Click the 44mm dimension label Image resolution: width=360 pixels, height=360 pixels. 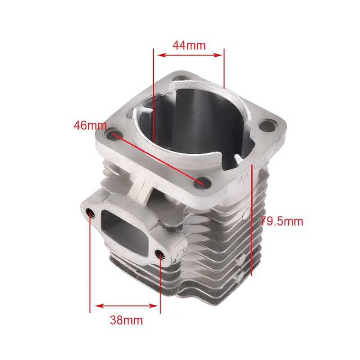pyautogui.click(x=189, y=45)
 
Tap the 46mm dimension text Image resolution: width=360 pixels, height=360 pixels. pyautogui.click(x=90, y=126)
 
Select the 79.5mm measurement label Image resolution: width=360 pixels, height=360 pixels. pyautogui.click(x=282, y=221)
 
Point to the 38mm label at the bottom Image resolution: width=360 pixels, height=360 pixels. pyautogui.click(x=126, y=320)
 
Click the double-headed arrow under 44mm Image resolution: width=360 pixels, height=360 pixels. pyautogui.click(x=189, y=55)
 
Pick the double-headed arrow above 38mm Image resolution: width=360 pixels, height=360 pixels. pyautogui.click(x=125, y=306)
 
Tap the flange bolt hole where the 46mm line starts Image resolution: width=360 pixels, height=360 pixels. pyautogui.click(x=113, y=134)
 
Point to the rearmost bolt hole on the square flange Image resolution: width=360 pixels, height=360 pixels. pyautogui.click(x=180, y=77)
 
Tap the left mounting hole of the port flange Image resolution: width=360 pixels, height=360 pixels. pyautogui.click(x=91, y=212)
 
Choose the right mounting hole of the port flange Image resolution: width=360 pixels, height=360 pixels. pyautogui.click(x=160, y=256)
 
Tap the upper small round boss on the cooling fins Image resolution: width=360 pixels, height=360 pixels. pyautogui.click(x=242, y=258)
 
